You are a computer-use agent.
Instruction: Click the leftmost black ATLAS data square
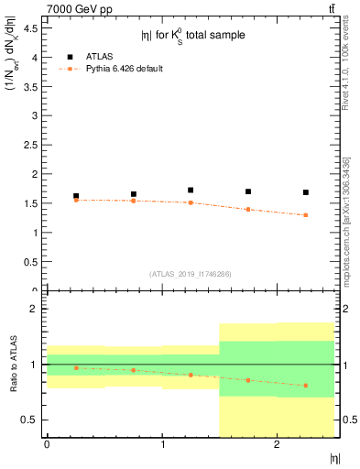[x=76, y=196]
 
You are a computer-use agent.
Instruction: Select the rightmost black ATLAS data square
[x=306, y=192]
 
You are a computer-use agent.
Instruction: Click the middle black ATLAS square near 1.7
[x=191, y=190]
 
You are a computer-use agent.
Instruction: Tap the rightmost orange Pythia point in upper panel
[x=306, y=215]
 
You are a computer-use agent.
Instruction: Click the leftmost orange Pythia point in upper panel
[x=76, y=200]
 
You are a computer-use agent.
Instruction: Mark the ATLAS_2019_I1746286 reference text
[x=190, y=274]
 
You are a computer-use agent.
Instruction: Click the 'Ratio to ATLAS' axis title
[x=12, y=365]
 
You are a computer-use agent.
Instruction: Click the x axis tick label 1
[x=162, y=444]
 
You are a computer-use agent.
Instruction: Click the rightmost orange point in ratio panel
[x=306, y=386]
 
